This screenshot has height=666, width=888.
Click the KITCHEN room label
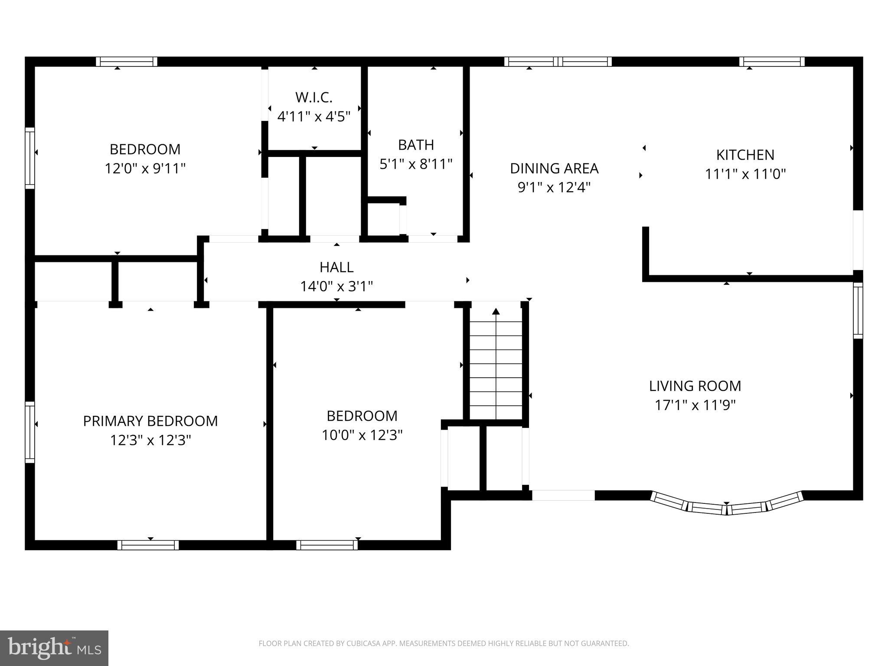(x=745, y=155)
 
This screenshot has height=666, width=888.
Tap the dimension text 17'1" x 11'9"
(x=695, y=405)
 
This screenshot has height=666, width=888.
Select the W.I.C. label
(x=314, y=98)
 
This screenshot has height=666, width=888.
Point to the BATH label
(x=416, y=145)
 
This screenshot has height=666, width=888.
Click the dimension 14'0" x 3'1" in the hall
(x=336, y=286)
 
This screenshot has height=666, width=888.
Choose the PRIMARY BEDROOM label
(x=150, y=421)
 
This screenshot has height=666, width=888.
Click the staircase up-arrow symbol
(x=496, y=311)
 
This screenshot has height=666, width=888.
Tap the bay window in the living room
(x=727, y=506)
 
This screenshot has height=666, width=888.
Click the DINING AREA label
(x=554, y=168)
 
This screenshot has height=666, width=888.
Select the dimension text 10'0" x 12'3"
(x=362, y=435)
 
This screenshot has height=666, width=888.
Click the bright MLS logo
(x=54, y=648)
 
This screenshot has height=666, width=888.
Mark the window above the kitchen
(x=772, y=62)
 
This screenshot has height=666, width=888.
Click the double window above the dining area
(x=558, y=62)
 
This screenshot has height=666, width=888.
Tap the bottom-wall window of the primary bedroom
(x=148, y=545)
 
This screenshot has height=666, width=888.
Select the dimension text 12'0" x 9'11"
(x=145, y=168)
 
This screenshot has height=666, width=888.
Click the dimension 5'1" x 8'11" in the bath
(x=416, y=164)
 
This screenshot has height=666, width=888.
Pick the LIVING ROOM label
(x=695, y=386)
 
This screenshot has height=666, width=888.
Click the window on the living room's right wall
(x=858, y=310)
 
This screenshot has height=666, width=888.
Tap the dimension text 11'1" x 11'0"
(x=745, y=174)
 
